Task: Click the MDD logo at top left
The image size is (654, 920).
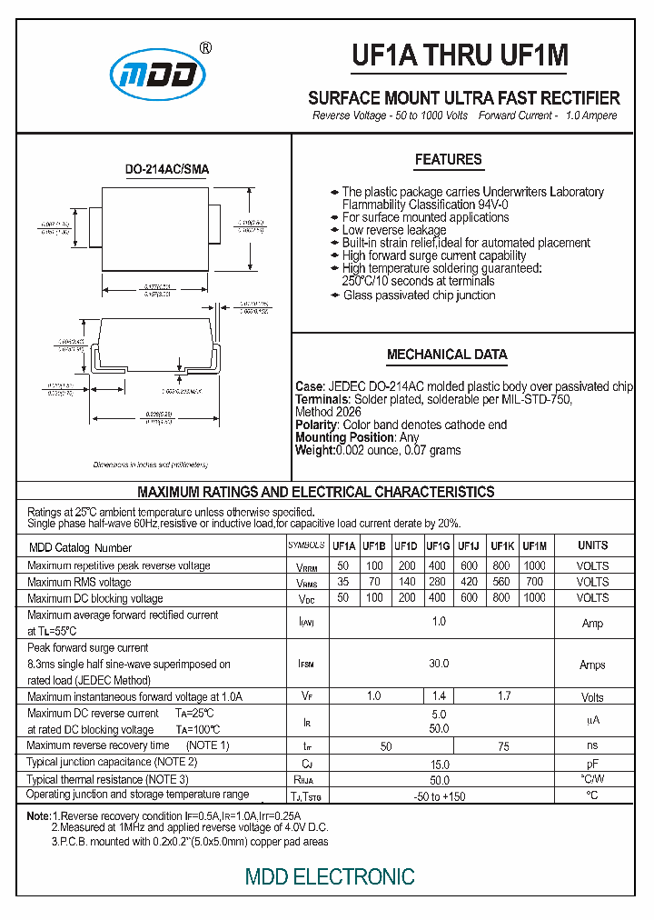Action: (160, 75)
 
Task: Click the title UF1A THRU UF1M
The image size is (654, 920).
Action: (461, 56)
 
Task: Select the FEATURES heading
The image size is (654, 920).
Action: (448, 160)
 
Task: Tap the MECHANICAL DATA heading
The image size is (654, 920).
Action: (447, 355)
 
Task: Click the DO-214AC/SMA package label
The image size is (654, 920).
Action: (166, 169)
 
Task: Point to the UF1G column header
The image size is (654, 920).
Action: (437, 546)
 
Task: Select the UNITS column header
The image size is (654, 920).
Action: (593, 545)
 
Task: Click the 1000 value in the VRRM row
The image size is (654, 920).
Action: (535, 565)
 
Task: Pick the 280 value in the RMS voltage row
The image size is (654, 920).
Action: (437, 582)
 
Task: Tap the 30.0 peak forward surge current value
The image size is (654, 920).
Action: (439, 665)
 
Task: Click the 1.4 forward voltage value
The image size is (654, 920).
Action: (439, 696)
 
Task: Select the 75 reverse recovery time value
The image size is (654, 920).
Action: (503, 746)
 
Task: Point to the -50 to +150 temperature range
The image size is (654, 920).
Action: (440, 796)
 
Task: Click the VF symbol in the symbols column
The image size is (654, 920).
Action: (307, 697)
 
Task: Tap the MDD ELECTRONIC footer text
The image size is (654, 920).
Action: (330, 876)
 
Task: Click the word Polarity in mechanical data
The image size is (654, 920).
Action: (317, 425)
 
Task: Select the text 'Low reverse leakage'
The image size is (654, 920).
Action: (394, 230)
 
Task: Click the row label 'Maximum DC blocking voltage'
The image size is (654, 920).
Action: (95, 598)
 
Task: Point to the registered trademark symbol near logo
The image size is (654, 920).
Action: (205, 48)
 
